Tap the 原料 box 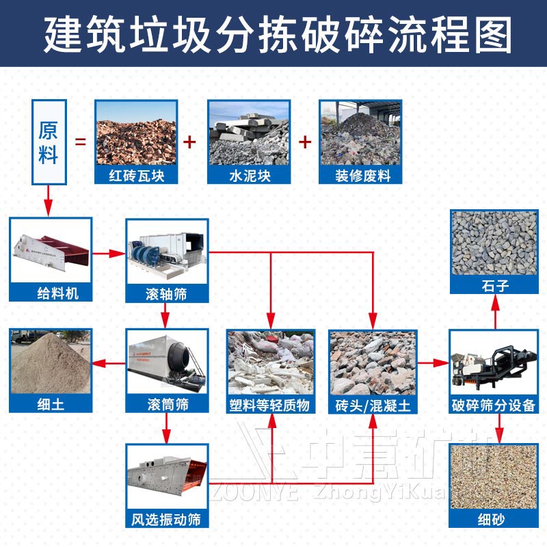48,142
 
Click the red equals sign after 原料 80,142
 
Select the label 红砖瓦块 135,176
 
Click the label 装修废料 360,176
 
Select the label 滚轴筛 167,294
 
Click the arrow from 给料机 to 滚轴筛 108,254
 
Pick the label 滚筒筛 167,405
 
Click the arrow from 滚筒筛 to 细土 108,363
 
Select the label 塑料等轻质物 271,405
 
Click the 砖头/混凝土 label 373,405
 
